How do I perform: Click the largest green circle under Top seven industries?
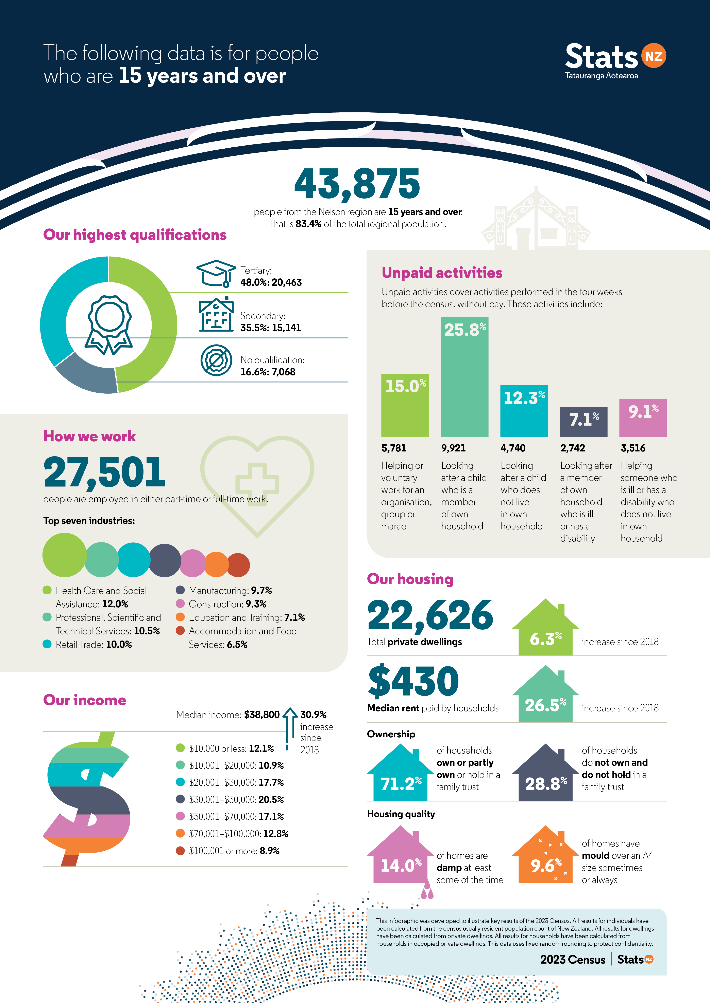point(64,555)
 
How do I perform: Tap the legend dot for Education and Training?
point(180,617)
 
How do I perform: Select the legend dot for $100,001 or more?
point(180,851)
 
